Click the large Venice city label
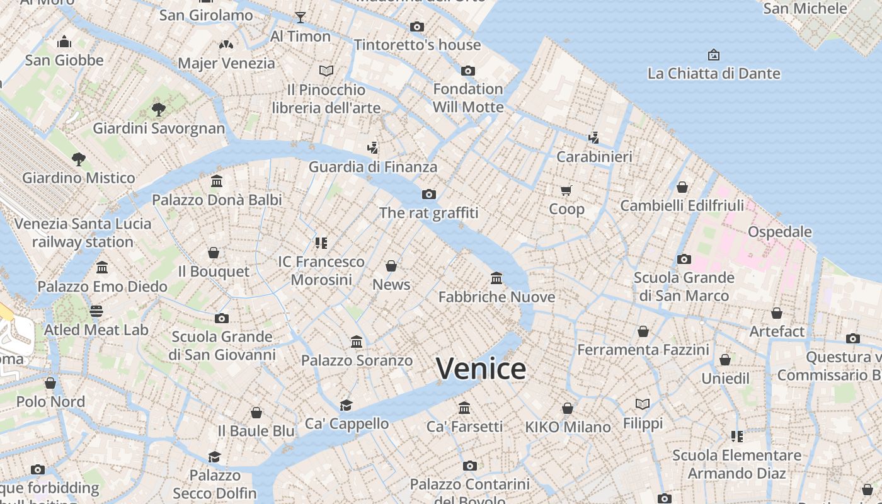481,369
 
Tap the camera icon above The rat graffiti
429,194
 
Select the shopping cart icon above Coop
566,190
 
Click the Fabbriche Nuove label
496,297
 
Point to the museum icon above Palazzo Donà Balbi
217,181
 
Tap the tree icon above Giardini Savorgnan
159,110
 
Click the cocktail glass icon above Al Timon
301,17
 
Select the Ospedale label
779,232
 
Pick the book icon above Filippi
643,404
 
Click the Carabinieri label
594,156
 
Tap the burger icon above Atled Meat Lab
96,311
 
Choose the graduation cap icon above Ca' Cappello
346,404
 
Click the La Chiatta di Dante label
714,73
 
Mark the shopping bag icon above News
391,266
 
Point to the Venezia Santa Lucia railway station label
83,232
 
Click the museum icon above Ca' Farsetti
464,408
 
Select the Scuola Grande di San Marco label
684,287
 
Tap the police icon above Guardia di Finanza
373,148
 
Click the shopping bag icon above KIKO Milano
568,408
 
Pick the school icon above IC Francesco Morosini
321,243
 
